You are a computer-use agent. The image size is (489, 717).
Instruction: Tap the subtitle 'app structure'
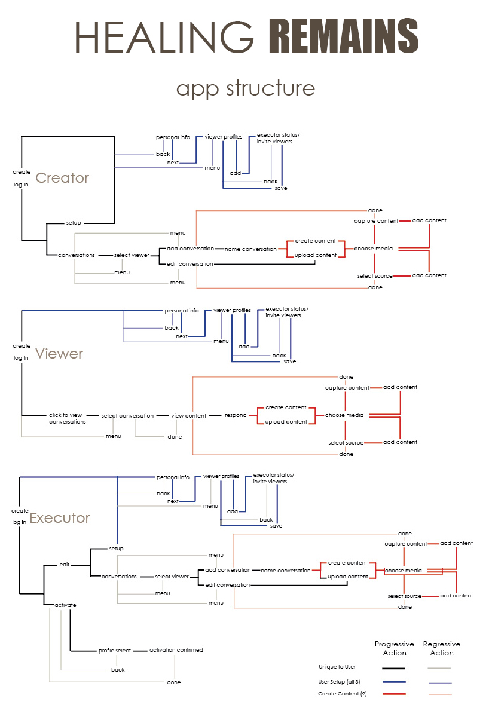tap(245, 88)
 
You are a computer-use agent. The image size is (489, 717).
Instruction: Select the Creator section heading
tap(62, 178)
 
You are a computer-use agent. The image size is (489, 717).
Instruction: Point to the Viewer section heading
tap(59, 354)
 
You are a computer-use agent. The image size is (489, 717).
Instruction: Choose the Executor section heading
tap(60, 518)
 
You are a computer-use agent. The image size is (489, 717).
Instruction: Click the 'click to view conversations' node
tap(67, 418)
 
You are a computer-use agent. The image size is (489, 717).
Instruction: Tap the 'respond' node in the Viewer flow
tap(236, 415)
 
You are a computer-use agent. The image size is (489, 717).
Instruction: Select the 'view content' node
tap(188, 416)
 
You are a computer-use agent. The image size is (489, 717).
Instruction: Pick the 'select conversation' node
tap(127, 416)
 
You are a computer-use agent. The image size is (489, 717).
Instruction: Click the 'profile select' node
tap(115, 651)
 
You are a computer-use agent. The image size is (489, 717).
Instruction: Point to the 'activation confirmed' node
tap(176, 650)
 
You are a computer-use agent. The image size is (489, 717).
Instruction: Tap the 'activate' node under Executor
tap(65, 605)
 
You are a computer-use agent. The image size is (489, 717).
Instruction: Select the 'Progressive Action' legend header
tap(394, 649)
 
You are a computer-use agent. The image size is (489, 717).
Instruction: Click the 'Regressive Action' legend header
tap(441, 649)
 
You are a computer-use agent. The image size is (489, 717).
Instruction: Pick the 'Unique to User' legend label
tap(337, 667)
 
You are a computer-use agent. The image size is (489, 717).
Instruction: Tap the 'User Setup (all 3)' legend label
tap(339, 682)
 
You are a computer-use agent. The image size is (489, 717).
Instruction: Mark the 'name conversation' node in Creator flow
tap(250, 249)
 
